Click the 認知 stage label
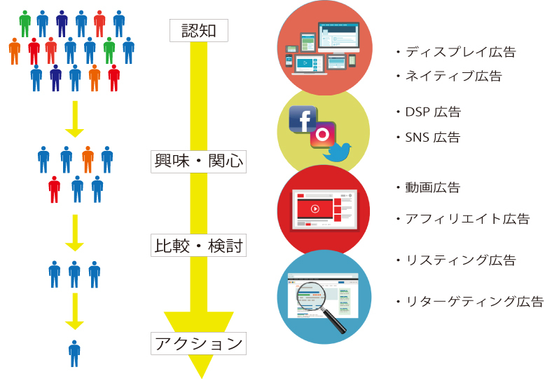[x=199, y=31]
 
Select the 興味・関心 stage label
[x=198, y=161]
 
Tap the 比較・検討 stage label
[x=198, y=246]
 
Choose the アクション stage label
[x=198, y=343]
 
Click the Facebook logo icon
[x=303, y=119]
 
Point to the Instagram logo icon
[x=323, y=135]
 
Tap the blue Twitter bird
[x=337, y=152]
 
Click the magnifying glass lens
[x=310, y=296]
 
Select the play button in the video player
[x=315, y=208]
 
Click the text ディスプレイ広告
[x=461, y=52]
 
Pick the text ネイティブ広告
[x=454, y=76]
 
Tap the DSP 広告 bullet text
[x=433, y=112]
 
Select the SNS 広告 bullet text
[x=433, y=138]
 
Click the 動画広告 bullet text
[x=433, y=188]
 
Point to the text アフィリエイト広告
[x=468, y=219]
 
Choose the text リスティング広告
[x=461, y=260]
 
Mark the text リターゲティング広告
[x=475, y=301]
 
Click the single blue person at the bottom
[x=74, y=353]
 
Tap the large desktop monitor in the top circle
[x=338, y=38]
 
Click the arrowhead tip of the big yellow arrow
[x=202, y=378]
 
